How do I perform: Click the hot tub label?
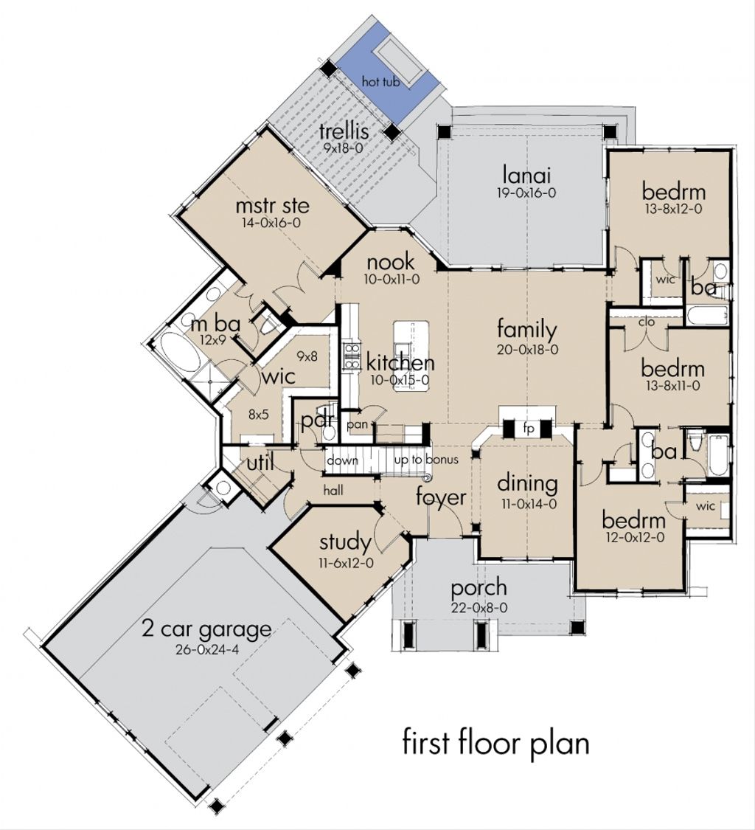click(380, 82)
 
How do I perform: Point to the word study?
click(345, 543)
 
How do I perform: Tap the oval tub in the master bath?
click(179, 354)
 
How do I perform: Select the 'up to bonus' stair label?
click(425, 460)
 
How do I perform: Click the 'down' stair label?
click(343, 460)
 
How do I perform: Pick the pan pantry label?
click(358, 426)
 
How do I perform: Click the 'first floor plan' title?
click(495, 742)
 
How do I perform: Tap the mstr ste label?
click(272, 204)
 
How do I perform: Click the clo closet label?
click(647, 322)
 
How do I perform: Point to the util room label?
click(261, 463)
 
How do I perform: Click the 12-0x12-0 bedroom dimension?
click(634, 537)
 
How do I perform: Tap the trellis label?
click(343, 132)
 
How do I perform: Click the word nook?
click(391, 262)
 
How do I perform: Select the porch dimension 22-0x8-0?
click(479, 607)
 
